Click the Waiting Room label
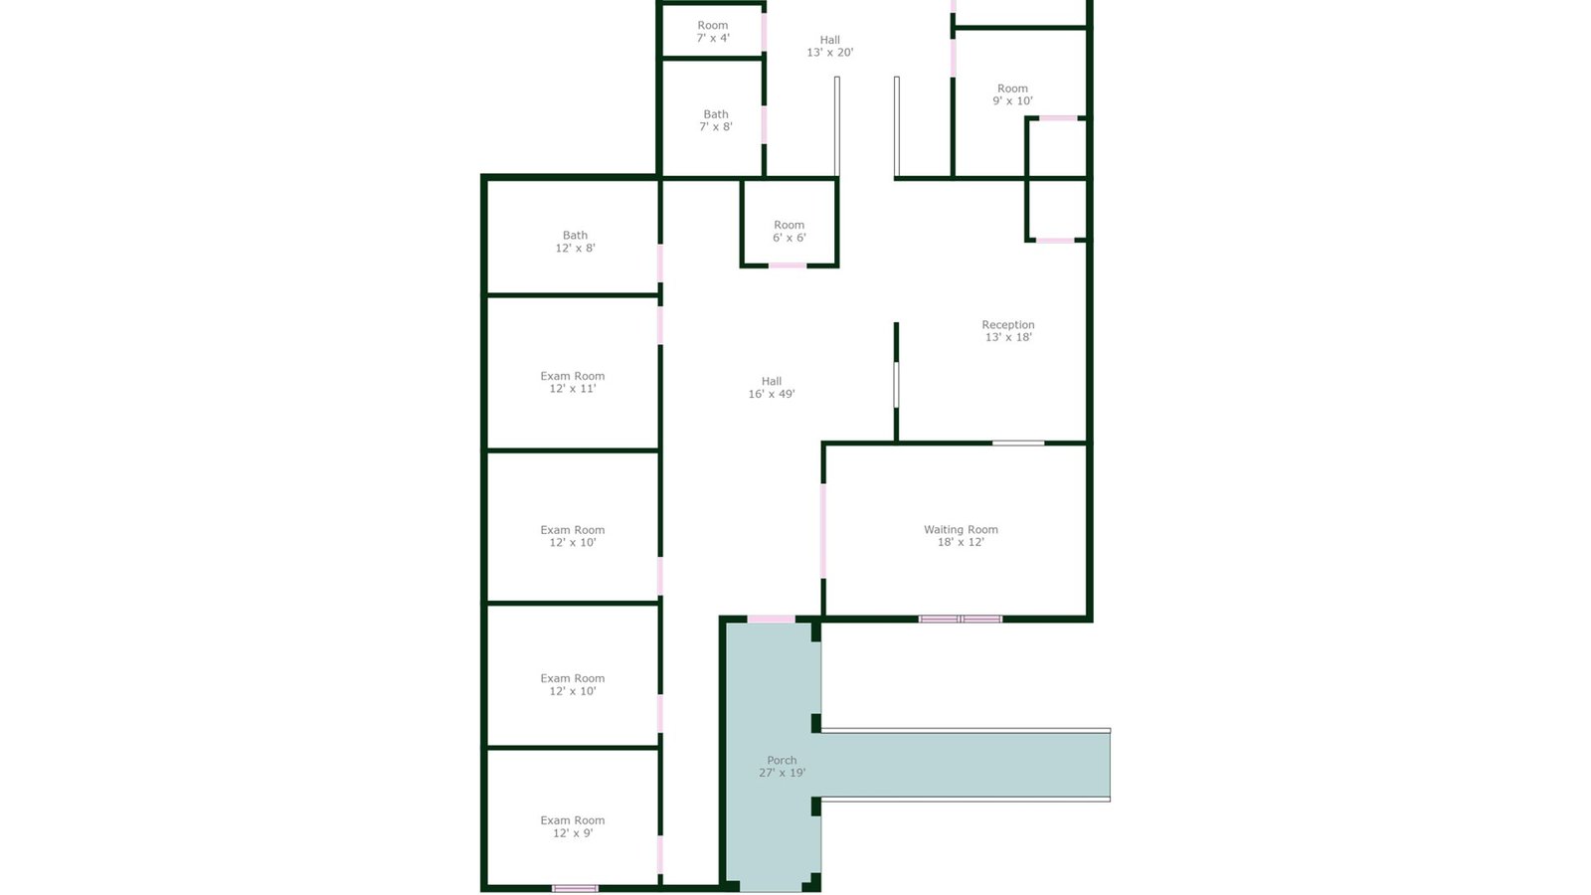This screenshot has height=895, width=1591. [961, 536]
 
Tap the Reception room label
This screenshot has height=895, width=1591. [1008, 331]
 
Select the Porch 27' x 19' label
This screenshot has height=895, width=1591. [782, 767]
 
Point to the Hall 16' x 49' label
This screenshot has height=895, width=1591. [772, 387]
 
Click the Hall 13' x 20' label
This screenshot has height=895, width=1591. [829, 46]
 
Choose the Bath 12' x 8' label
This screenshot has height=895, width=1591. [575, 242]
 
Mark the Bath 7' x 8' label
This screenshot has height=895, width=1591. [715, 120]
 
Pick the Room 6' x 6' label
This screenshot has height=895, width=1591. [790, 231]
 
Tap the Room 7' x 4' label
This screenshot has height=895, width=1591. [712, 31]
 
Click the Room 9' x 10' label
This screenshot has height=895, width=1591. [1012, 94]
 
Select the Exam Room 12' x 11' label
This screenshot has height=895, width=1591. [573, 382]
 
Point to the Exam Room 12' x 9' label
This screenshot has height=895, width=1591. [573, 826]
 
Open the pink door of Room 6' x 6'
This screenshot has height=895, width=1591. [788, 266]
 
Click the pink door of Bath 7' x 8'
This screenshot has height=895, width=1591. [765, 125]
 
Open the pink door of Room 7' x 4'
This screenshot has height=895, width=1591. [765, 31]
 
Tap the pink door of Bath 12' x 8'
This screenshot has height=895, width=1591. [660, 263]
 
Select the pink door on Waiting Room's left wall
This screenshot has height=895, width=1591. [823, 531]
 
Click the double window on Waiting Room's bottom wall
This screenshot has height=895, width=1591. [961, 620]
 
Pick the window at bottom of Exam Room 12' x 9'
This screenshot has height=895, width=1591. [576, 889]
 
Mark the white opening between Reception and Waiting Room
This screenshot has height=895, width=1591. [1018, 444]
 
